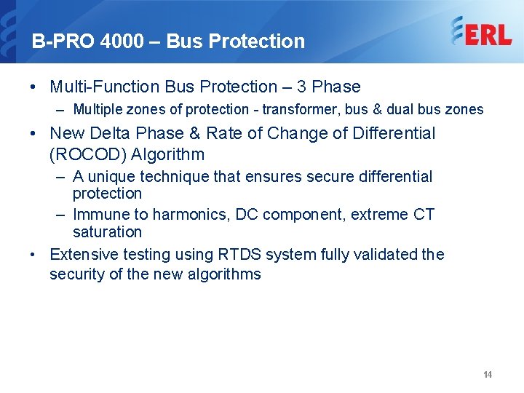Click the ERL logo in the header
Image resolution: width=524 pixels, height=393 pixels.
point(481,32)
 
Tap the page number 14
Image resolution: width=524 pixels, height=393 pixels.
point(488,374)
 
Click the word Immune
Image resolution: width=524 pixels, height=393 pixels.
point(100,215)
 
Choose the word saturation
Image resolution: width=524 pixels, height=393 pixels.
point(107,232)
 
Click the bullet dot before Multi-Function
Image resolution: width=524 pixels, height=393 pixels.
point(35,87)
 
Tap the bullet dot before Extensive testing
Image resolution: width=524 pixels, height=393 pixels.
point(35,255)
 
